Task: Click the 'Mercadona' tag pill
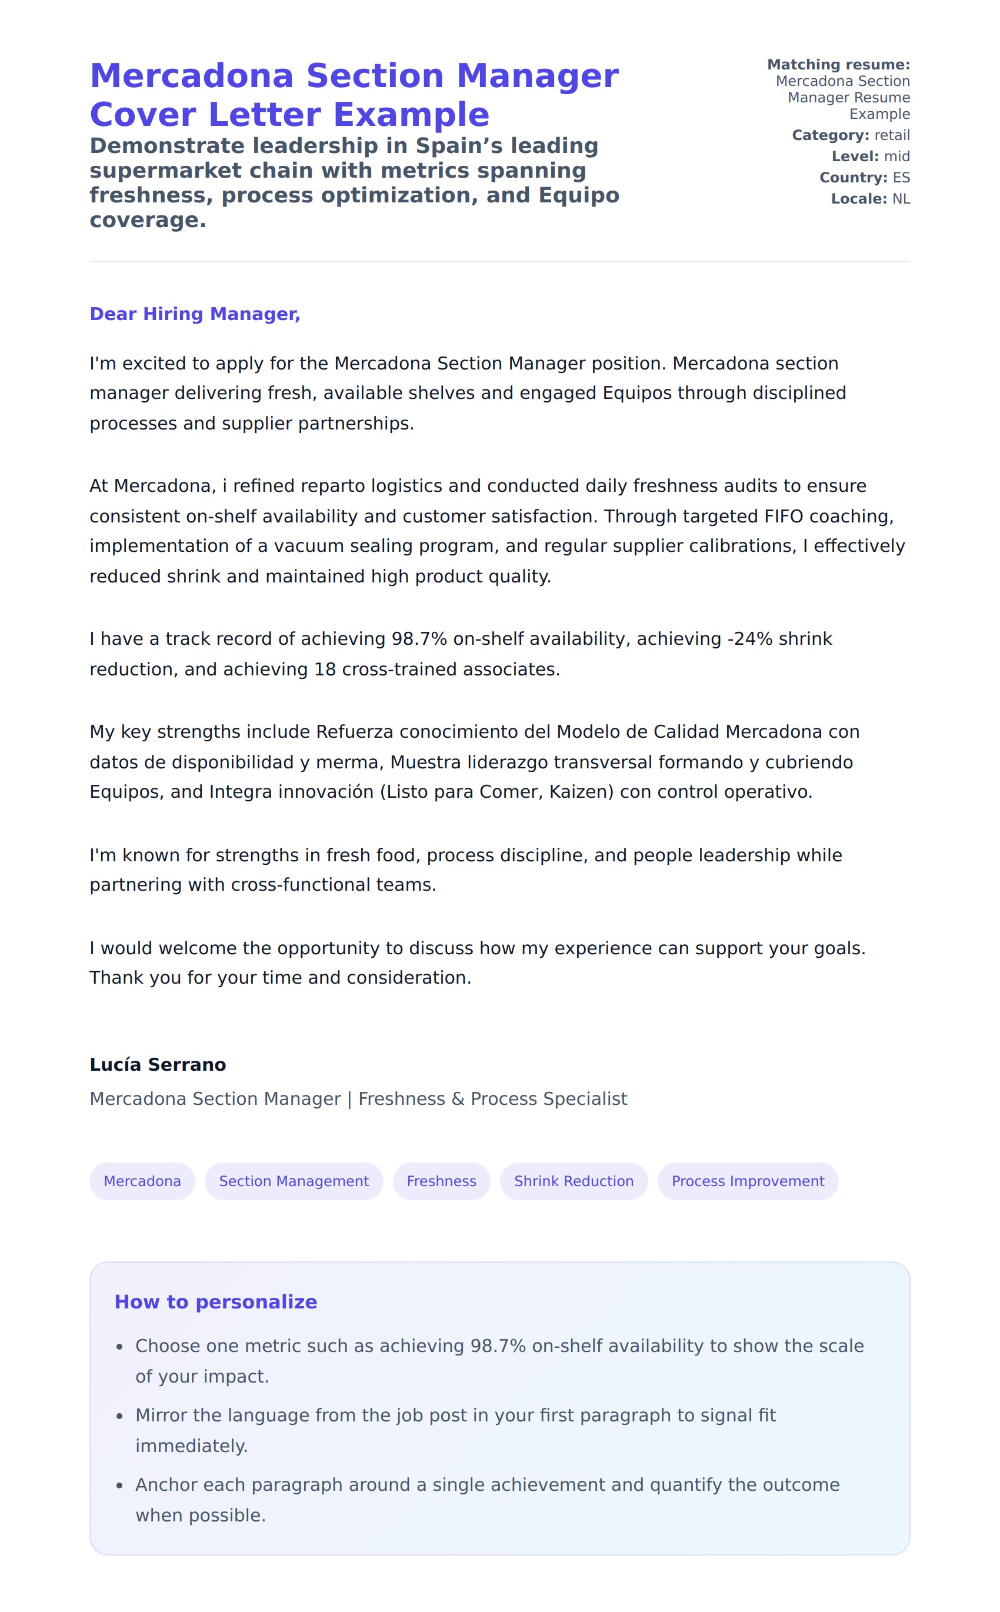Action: [x=142, y=1181]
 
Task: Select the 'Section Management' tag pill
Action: [x=294, y=1181]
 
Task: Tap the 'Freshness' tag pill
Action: [x=441, y=1181]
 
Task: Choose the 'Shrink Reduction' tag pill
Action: [x=574, y=1181]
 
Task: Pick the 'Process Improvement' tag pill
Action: [x=748, y=1181]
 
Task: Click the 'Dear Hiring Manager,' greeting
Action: [x=195, y=314]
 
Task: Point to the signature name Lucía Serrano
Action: [x=158, y=1064]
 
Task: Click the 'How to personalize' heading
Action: [x=216, y=1301]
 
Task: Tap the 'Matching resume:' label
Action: [x=838, y=64]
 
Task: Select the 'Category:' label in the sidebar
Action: [x=830, y=135]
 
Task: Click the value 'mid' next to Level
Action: [x=897, y=156]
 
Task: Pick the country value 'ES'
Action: [x=901, y=177]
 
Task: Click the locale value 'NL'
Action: [x=901, y=198]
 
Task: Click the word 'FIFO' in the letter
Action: [x=784, y=516]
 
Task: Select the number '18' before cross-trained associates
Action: [x=325, y=669]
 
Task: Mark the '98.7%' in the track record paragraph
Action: [x=419, y=638]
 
